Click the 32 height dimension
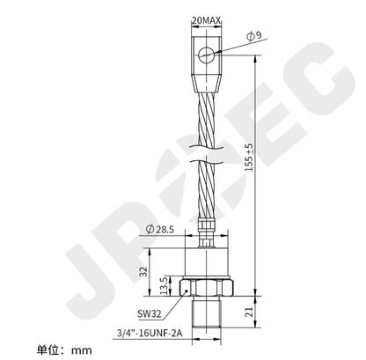coord(143,273)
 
